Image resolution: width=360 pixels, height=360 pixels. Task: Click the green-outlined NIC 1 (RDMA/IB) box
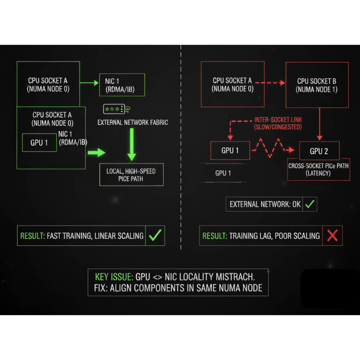tap(122, 85)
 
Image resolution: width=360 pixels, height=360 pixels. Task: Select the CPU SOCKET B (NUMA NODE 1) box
tap(317, 85)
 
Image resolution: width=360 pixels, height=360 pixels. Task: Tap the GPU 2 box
tap(319, 151)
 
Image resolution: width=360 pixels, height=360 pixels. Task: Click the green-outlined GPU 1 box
tap(39, 142)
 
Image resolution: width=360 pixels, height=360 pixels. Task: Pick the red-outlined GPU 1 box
tap(230, 150)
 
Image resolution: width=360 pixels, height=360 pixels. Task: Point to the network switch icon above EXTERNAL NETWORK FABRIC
tap(116, 109)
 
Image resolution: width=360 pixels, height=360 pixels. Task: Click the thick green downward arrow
tap(132, 144)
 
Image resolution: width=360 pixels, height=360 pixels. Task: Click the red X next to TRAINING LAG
tap(332, 235)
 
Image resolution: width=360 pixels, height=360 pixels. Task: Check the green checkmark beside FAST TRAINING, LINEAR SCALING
tap(155, 235)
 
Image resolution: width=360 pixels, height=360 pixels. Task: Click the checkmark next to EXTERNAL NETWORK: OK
tap(310, 204)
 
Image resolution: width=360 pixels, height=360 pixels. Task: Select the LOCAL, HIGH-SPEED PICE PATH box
tap(131, 175)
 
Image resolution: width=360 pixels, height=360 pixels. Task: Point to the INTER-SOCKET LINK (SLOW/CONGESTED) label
tap(278, 123)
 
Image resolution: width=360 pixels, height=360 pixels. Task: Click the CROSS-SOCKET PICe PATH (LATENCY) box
tap(318, 169)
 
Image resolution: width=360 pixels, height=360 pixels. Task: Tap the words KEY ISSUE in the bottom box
tap(114, 277)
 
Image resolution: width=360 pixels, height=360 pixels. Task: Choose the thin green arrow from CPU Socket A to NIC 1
tap(89, 83)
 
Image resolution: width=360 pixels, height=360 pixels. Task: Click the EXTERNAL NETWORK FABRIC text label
tap(133, 122)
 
